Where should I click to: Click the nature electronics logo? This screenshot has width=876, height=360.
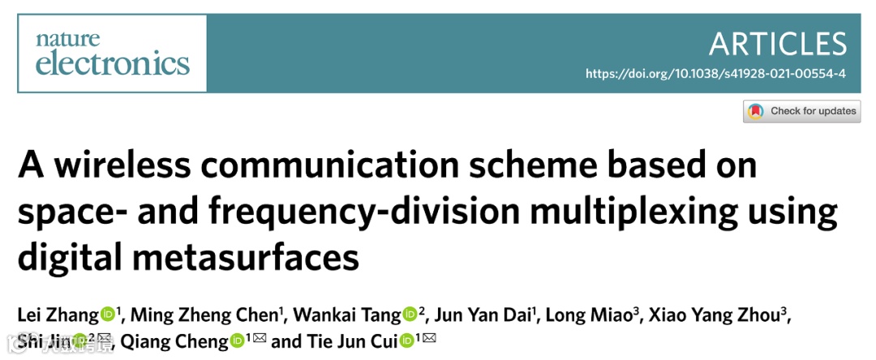coord(112,52)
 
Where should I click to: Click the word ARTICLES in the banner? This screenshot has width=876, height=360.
coord(778,43)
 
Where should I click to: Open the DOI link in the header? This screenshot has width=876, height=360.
coord(715,74)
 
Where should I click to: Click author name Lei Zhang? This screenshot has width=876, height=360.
coord(58,315)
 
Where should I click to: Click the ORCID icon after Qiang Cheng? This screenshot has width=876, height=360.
coord(238,341)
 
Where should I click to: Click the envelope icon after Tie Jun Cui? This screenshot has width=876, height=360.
coord(429,339)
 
